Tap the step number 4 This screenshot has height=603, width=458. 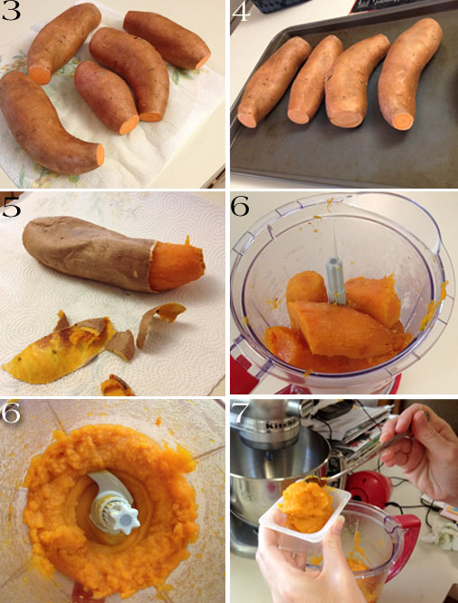click(x=242, y=12)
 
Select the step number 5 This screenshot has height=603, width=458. click(x=11, y=208)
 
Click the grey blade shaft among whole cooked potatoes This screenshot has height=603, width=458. click(x=335, y=281)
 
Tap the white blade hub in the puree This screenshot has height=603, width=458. click(x=114, y=503)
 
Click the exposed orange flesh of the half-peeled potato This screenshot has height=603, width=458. click(x=176, y=264)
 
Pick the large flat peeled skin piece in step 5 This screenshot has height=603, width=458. click(x=58, y=349)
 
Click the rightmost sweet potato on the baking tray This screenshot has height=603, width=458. click(x=409, y=72)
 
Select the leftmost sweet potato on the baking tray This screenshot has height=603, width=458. click(x=273, y=81)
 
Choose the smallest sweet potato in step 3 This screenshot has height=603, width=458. click(x=106, y=97)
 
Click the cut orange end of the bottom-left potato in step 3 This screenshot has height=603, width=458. click(x=100, y=154)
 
